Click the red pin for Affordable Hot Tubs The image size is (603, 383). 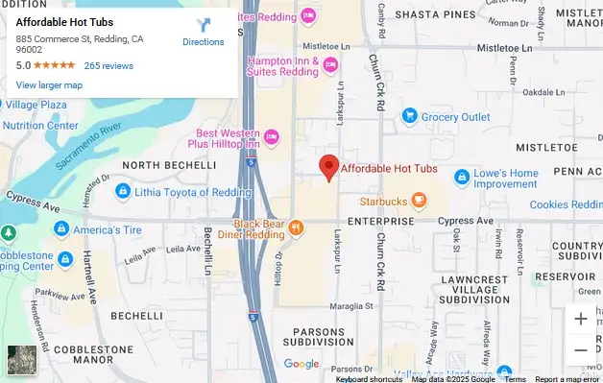pos(329,166)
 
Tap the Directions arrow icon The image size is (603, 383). pos(204,26)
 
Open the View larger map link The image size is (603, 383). pos(49,85)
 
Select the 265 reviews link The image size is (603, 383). pos(109,66)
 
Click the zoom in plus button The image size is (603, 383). pos(580,319)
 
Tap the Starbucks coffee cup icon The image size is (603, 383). pos(418,201)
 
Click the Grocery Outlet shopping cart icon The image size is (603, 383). pos(409,117)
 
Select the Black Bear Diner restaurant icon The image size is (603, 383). pos(295,228)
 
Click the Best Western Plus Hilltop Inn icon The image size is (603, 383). pos(271,138)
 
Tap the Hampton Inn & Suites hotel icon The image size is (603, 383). pos(330,65)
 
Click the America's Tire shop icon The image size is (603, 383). pos(61,228)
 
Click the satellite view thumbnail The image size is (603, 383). pos(19,359)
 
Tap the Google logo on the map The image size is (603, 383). pos(301,364)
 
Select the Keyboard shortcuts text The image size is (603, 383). pos(370,378)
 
